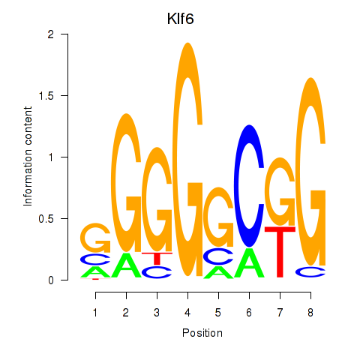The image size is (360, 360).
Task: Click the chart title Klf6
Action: (180, 19)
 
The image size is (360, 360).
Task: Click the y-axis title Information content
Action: (28, 156)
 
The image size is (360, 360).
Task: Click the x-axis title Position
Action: (202, 333)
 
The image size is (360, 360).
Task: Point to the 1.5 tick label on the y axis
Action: (46, 95)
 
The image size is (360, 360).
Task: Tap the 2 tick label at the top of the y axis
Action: (51, 34)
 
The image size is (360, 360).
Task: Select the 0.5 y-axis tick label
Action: (46, 218)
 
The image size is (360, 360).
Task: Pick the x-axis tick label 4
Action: (187, 313)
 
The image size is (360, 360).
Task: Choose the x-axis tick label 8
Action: (310, 313)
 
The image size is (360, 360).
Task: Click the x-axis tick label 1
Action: (95, 313)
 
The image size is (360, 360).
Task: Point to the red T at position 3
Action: (157, 259)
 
